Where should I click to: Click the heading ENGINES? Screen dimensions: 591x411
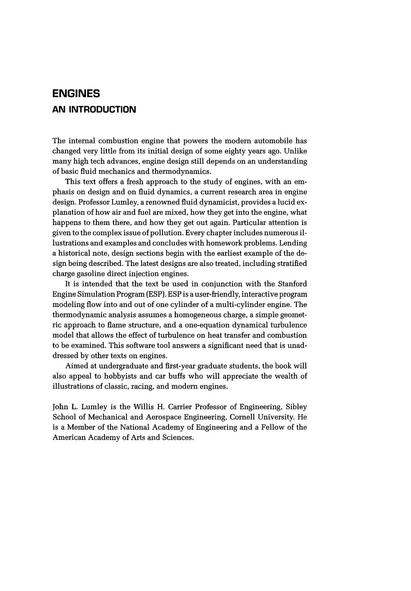coord(76,94)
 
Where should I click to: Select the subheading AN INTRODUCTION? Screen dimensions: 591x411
coord(94,110)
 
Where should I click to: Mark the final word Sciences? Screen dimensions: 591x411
coord(177,438)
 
